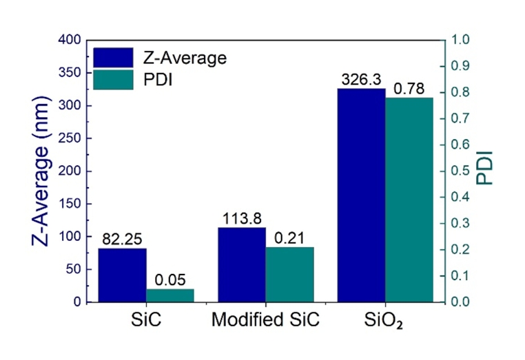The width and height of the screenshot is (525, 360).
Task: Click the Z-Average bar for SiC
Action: coord(122,275)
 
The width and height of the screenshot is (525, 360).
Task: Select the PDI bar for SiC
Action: coord(170,295)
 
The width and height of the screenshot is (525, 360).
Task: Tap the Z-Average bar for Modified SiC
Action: coord(241,265)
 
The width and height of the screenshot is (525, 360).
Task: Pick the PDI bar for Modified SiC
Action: coord(289,275)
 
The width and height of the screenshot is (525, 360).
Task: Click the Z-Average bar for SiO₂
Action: coord(361,195)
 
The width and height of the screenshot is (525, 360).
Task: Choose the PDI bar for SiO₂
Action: coord(409,200)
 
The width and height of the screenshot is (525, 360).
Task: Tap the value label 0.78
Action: coord(409,89)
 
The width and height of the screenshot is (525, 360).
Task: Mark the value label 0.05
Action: coord(170,279)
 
